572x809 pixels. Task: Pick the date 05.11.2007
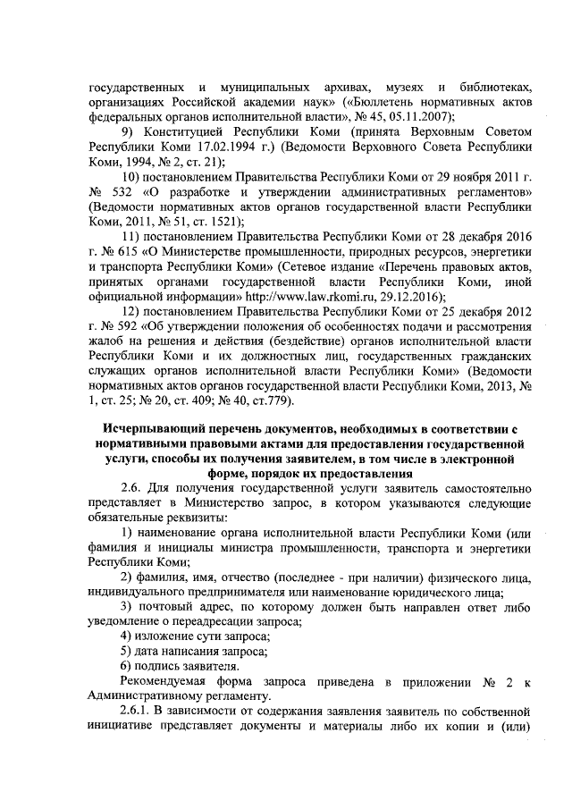click(419, 117)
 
